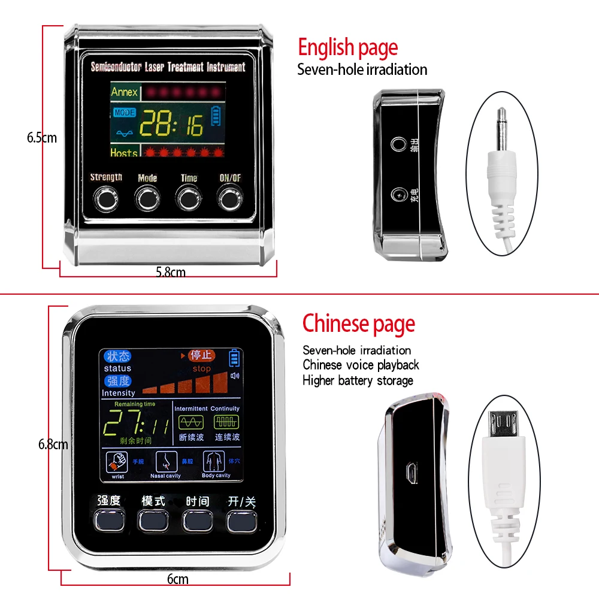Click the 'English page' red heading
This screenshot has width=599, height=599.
click(x=347, y=47)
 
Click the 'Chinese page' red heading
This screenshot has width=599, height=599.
click(x=358, y=323)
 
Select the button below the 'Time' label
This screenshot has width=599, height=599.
click(x=187, y=198)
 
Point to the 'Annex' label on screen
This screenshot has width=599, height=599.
click(x=124, y=92)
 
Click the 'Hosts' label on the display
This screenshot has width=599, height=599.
click(x=124, y=153)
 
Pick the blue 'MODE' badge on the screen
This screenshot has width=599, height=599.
click(x=124, y=112)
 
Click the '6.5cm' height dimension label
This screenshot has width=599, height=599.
click(x=41, y=137)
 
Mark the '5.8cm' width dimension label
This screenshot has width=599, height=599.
click(x=170, y=272)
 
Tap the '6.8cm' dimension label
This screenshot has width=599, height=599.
click(x=53, y=444)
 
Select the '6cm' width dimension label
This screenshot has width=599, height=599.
click(x=177, y=579)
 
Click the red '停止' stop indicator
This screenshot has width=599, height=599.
click(x=201, y=356)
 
